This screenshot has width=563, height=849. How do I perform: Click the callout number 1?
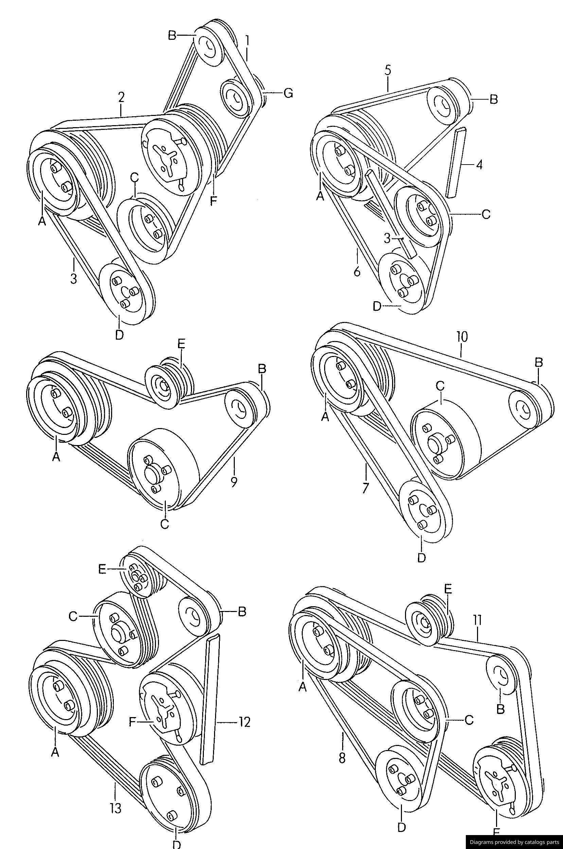point(247,40)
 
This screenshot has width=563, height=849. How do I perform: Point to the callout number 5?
point(388,70)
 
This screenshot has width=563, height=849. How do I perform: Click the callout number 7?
point(366,488)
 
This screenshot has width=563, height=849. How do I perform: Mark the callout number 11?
point(477,620)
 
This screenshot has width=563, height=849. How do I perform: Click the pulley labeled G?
point(235,98)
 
